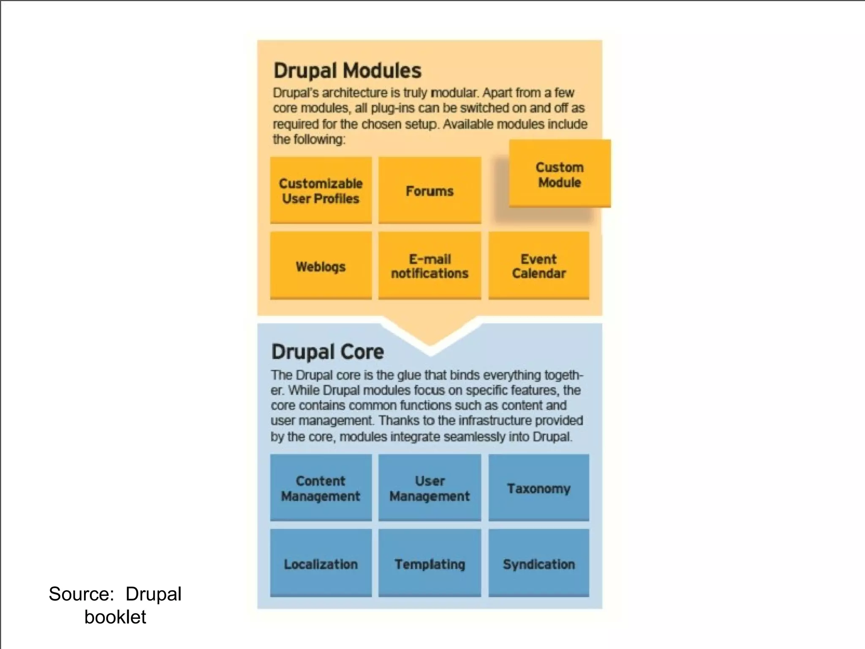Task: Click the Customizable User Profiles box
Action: point(321,190)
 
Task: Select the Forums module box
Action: point(430,190)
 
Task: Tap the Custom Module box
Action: point(560,174)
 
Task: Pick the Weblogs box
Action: point(321,266)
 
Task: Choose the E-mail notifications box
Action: point(430,266)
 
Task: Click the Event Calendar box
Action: point(539,266)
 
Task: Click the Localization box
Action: point(321,563)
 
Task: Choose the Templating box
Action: point(430,563)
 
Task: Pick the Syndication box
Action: point(539,563)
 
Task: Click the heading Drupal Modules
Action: point(347,71)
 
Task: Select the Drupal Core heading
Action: point(328,352)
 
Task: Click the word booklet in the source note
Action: point(115,617)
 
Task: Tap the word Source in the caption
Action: point(80,594)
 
